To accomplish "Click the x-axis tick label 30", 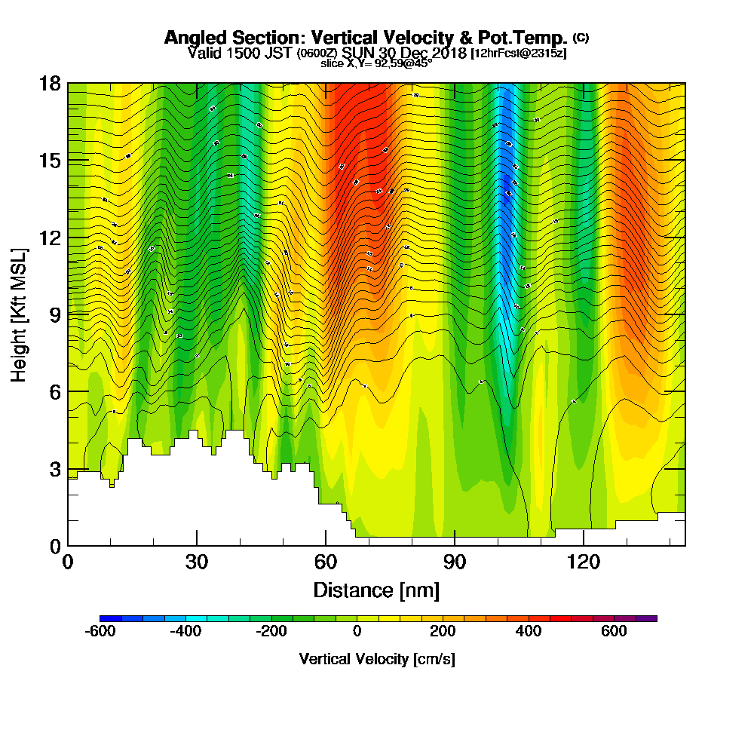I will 197,562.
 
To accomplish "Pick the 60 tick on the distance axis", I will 326,562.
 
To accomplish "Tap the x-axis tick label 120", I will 583,562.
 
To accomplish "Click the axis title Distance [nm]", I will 376,589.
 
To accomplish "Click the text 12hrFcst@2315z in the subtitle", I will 518,54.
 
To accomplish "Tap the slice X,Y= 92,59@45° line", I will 376,64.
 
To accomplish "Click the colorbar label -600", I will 100,631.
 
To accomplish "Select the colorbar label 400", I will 529,631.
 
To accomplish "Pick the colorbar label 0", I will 357,631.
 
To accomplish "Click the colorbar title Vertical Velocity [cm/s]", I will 376,659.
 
